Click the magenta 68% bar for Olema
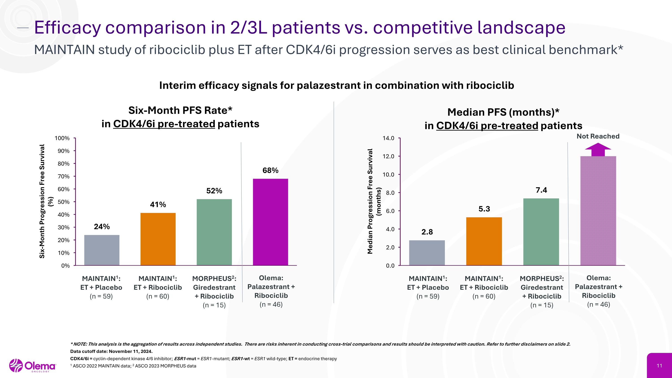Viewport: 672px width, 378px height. click(271, 222)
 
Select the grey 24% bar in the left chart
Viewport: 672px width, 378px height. click(102, 250)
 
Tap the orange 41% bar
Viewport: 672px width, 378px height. click(158, 239)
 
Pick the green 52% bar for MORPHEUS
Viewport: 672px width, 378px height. click(214, 232)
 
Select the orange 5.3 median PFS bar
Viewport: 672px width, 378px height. click(484, 241)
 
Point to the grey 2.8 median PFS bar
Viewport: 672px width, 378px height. click(427, 253)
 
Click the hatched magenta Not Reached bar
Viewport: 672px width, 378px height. click(598, 211)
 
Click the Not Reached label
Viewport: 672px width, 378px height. click(598, 136)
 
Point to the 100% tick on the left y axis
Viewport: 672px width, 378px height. click(62, 138)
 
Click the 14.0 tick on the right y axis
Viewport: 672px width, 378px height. click(388, 138)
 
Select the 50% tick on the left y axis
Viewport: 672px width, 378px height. click(63, 202)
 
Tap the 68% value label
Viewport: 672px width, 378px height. click(271, 170)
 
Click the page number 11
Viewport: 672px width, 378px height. click(659, 365)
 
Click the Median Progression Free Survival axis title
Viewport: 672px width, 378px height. click(370, 201)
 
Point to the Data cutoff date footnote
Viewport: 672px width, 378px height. click(111, 351)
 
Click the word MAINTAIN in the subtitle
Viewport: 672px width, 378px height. click(64, 50)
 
